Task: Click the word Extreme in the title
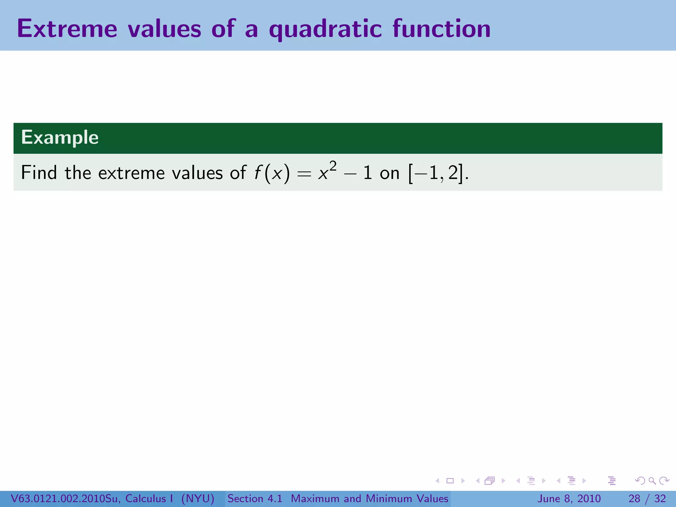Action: [x=67, y=29]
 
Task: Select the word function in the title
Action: [x=441, y=29]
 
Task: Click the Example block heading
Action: [x=60, y=137]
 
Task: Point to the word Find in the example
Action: [x=39, y=173]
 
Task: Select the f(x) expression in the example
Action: [x=272, y=173]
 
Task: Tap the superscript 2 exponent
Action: [x=333, y=166]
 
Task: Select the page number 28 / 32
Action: [x=647, y=498]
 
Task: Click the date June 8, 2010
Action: [x=569, y=498]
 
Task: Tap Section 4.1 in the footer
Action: [x=255, y=498]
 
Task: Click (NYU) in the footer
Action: [x=198, y=498]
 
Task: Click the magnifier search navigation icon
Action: [x=652, y=481]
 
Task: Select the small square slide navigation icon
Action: [x=450, y=481]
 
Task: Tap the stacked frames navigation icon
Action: [x=490, y=481]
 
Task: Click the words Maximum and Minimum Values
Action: [x=369, y=498]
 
